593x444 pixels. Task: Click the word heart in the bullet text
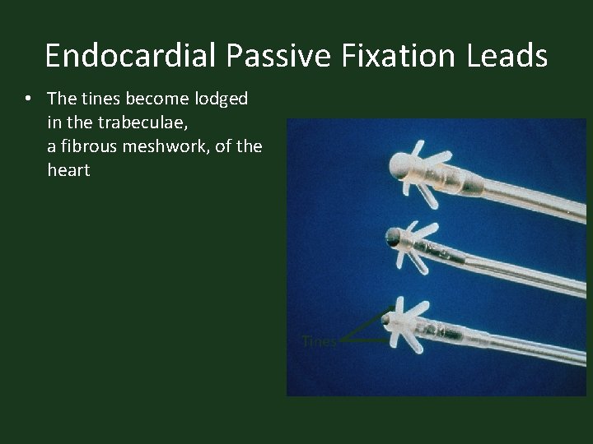tap(68, 171)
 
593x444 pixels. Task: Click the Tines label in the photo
tap(319, 341)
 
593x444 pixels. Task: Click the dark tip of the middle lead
tap(393, 239)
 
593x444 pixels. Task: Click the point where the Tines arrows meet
tap(341, 339)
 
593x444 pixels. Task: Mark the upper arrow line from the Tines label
tap(367, 322)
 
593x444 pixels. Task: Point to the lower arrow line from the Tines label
tap(367, 340)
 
